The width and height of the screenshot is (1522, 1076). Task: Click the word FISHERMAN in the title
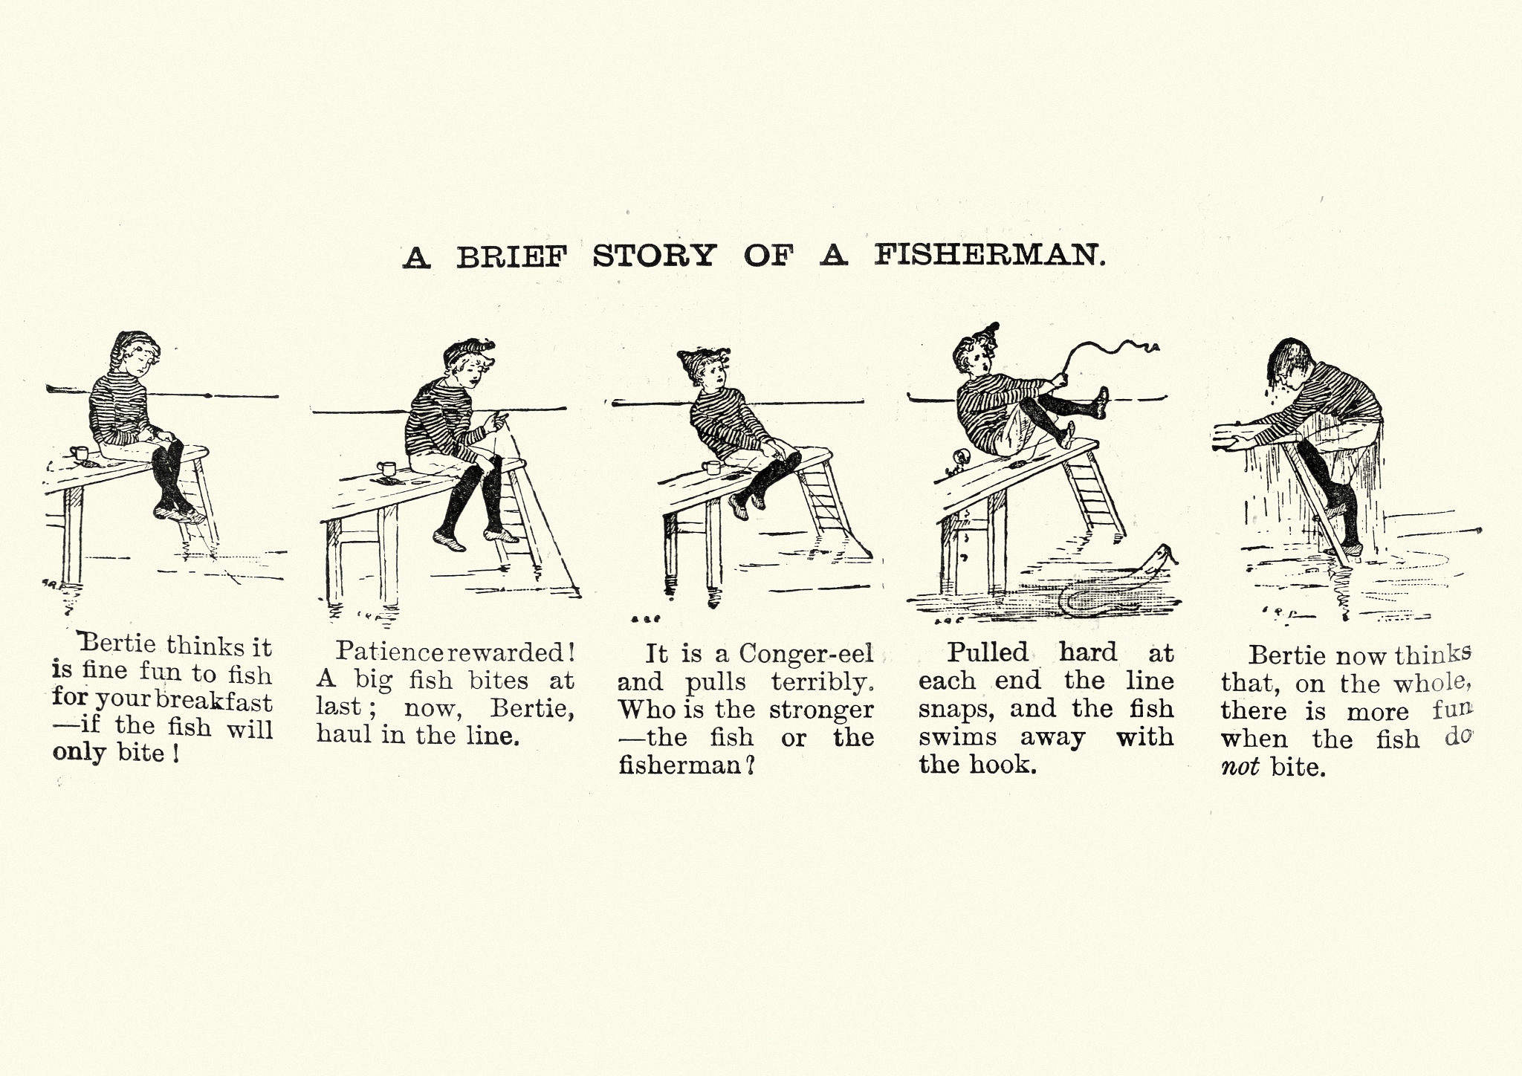click(989, 255)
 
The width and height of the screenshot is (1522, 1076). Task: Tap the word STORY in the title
click(655, 255)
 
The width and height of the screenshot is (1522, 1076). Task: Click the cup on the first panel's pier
click(79, 453)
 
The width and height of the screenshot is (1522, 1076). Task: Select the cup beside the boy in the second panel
click(387, 469)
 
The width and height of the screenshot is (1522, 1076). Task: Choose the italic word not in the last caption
click(1240, 767)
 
